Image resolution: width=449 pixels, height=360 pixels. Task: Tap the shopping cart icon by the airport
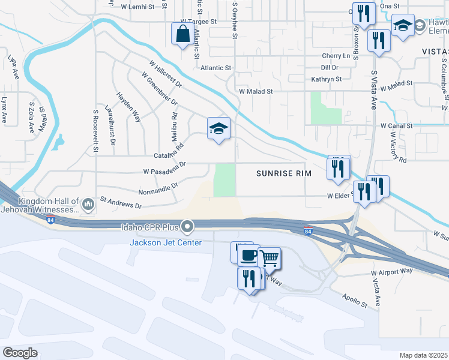pos(270,257)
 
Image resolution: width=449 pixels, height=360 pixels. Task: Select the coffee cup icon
pos(248,255)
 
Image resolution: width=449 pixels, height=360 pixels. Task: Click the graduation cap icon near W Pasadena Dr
pos(218,128)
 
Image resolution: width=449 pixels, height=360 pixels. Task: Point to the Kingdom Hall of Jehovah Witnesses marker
pos(88,205)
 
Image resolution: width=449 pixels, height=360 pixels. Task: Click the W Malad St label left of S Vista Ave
pos(256,92)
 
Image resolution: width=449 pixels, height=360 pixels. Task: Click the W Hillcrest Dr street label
pos(162,75)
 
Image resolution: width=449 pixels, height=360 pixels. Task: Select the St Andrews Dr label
pos(121,202)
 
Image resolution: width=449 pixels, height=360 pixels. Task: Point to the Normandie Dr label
pos(158,187)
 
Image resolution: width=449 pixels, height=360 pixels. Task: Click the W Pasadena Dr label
pos(165,167)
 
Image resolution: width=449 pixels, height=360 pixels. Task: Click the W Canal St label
pos(397,126)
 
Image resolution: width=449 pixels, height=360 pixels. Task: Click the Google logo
pos(20,353)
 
